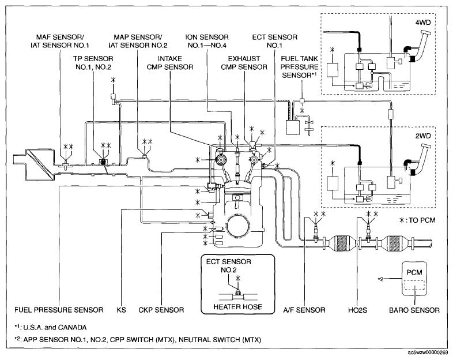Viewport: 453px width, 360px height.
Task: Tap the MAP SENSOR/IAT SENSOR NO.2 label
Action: pos(137,39)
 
